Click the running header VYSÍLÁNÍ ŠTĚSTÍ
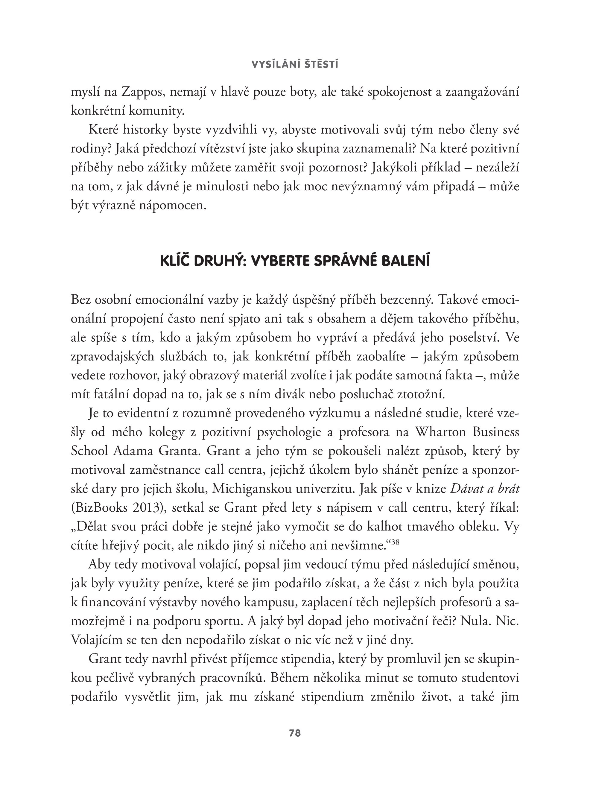coord(295,65)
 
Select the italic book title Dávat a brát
coord(485,489)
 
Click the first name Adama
coord(133,452)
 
